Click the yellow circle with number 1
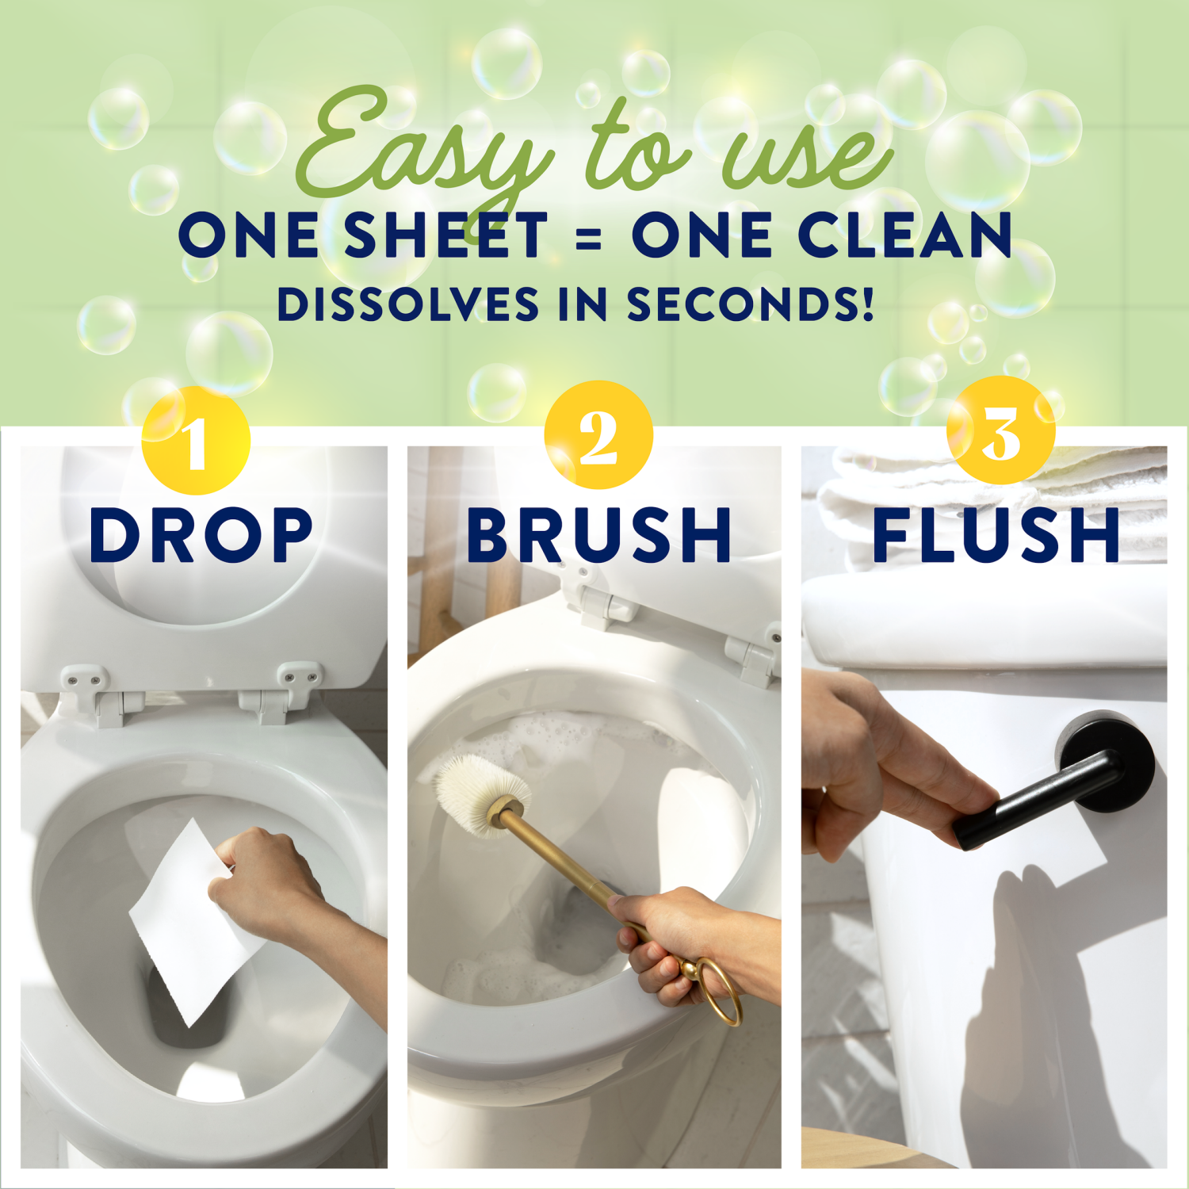coord(196,441)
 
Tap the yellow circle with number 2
coord(598,435)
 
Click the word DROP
coord(201,535)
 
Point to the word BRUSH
coord(598,535)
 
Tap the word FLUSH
coord(996,535)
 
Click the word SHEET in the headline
coord(445,235)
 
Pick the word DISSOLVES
coord(407,304)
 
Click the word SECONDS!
coord(750,304)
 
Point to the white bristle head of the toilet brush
coord(480,793)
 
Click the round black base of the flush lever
coord(1110,757)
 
